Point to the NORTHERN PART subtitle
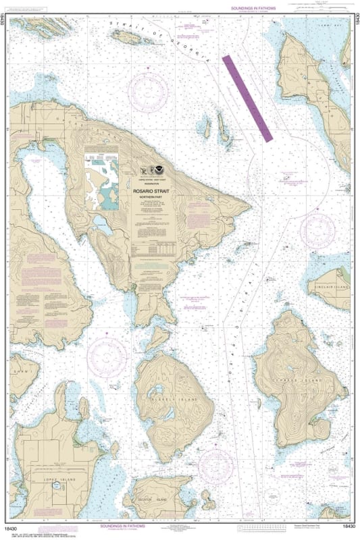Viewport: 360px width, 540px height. pyautogui.click(x=155, y=198)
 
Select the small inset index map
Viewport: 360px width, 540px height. pyautogui.click(x=101, y=180)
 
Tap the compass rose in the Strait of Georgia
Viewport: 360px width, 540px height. pyautogui.click(x=148, y=91)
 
